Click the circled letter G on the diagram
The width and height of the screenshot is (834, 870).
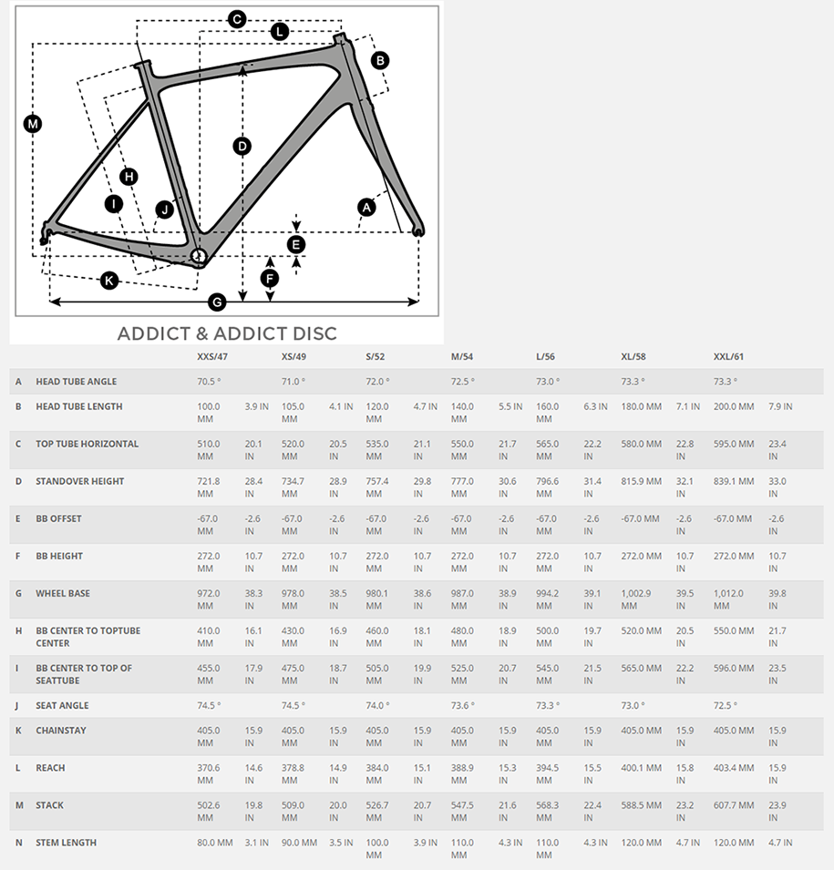click(x=217, y=302)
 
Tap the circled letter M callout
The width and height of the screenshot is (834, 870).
click(x=33, y=124)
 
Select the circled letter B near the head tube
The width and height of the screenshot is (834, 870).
click(x=380, y=60)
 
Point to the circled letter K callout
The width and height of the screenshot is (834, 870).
click(x=109, y=281)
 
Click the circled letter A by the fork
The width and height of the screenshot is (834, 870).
click(x=366, y=208)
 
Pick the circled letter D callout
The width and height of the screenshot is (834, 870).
click(x=242, y=146)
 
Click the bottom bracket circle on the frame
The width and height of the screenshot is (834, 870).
click(x=198, y=256)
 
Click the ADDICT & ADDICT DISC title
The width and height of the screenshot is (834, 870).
click(x=227, y=333)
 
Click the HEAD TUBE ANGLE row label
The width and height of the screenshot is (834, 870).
click(x=76, y=382)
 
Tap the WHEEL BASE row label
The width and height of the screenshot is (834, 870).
click(x=63, y=593)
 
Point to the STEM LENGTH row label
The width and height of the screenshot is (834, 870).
click(x=66, y=843)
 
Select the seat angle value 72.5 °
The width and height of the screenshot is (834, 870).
click(x=726, y=705)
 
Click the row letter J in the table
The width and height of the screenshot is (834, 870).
click(x=18, y=705)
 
